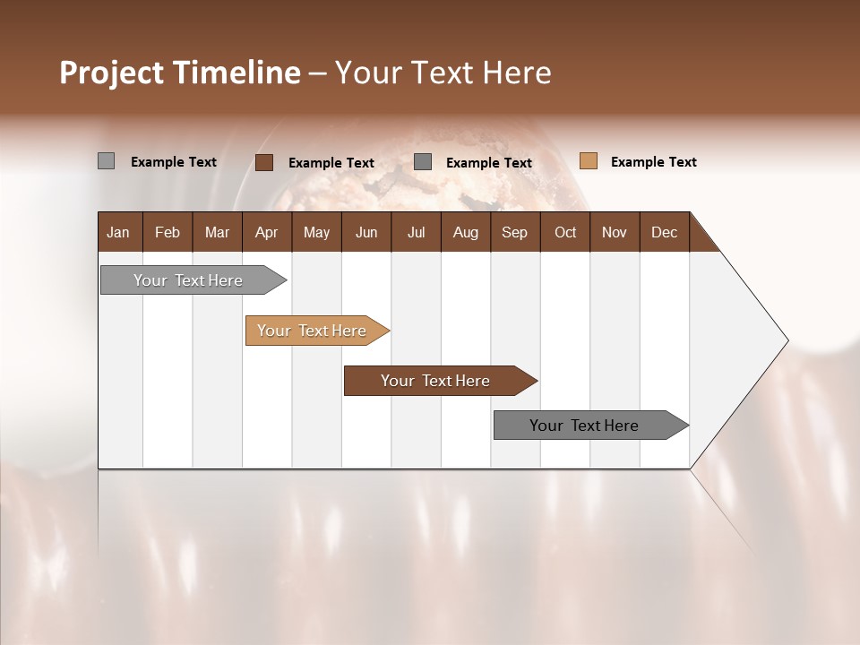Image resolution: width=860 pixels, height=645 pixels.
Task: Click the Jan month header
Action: (x=118, y=232)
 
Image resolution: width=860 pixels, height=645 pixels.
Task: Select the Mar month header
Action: (x=217, y=232)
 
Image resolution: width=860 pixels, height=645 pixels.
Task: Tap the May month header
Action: (x=316, y=232)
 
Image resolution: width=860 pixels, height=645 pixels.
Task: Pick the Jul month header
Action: (x=416, y=232)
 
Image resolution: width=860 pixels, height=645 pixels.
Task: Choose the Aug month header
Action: (x=465, y=232)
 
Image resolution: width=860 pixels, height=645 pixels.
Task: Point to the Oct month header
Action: (x=565, y=232)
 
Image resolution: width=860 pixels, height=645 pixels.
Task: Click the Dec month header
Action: (x=664, y=232)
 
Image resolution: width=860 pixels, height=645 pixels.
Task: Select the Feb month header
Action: (x=168, y=232)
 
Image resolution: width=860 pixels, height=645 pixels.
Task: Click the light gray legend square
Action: (x=106, y=161)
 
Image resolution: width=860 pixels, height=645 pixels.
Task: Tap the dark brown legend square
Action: (x=264, y=162)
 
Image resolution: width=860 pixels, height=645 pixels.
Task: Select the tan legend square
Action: (x=589, y=161)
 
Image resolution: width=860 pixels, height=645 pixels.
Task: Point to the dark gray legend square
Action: (x=423, y=162)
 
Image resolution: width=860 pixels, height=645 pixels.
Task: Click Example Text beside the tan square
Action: (x=653, y=162)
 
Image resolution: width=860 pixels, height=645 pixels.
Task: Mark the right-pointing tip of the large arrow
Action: (x=786, y=340)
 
